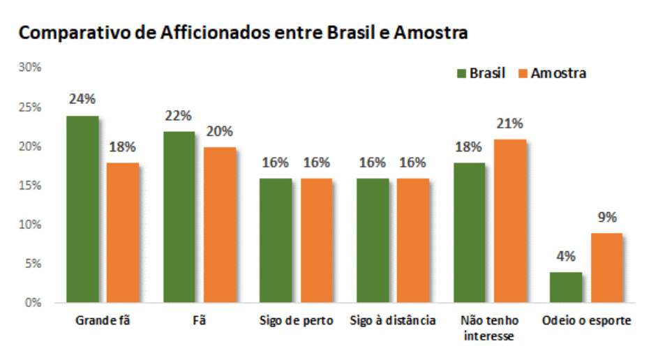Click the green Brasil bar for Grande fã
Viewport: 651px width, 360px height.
tap(83, 209)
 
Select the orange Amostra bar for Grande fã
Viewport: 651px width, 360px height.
tap(123, 232)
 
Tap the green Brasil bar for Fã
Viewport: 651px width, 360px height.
tap(179, 217)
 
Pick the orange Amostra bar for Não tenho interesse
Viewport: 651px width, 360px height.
tap(510, 221)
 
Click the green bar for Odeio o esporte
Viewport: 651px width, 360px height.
tap(566, 287)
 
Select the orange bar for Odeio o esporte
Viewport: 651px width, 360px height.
tap(606, 268)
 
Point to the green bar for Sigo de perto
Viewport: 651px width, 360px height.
tap(276, 241)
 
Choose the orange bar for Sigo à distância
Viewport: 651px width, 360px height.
tap(413, 241)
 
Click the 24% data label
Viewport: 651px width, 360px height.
tap(82, 100)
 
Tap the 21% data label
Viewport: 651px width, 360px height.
tap(510, 123)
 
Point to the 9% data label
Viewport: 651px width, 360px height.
tap(606, 217)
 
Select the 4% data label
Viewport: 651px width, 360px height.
tap(566, 256)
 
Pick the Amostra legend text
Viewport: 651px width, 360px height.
tap(558, 73)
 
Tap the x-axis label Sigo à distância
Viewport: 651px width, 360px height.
tap(394, 321)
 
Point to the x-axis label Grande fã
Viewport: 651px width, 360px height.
tap(102, 321)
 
